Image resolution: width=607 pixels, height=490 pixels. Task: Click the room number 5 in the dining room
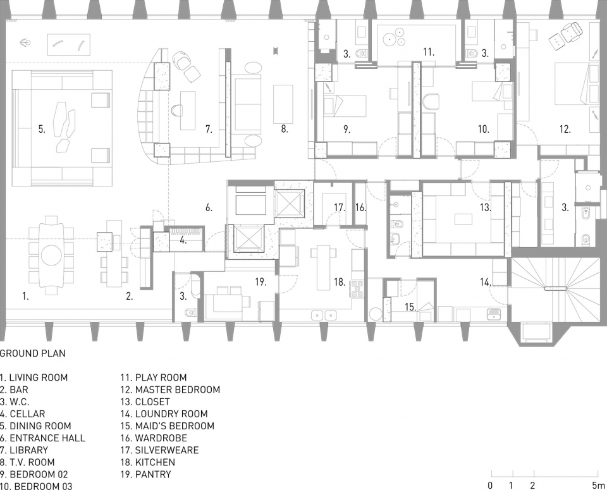pos(42,129)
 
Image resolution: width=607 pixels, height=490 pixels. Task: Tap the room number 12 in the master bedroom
pos(565,129)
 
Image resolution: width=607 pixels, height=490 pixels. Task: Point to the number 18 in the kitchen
pos(340,282)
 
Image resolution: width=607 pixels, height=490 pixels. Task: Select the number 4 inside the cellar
pos(183,241)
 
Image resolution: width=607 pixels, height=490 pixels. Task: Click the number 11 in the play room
pos(429,52)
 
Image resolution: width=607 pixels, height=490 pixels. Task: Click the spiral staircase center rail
pos(555,288)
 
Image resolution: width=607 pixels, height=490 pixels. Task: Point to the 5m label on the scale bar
pos(596,485)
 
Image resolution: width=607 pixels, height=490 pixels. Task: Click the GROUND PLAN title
pos(33,353)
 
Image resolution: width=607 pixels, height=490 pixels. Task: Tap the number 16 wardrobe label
pos(360,208)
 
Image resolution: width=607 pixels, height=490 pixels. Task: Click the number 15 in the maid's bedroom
pos(410,307)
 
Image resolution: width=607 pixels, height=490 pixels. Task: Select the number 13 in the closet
pos(486,208)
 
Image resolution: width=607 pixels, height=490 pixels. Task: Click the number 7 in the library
pos(209,129)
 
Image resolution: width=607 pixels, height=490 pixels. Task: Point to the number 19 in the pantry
pos(261,282)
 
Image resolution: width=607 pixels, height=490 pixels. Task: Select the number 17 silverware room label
pos(340,208)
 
